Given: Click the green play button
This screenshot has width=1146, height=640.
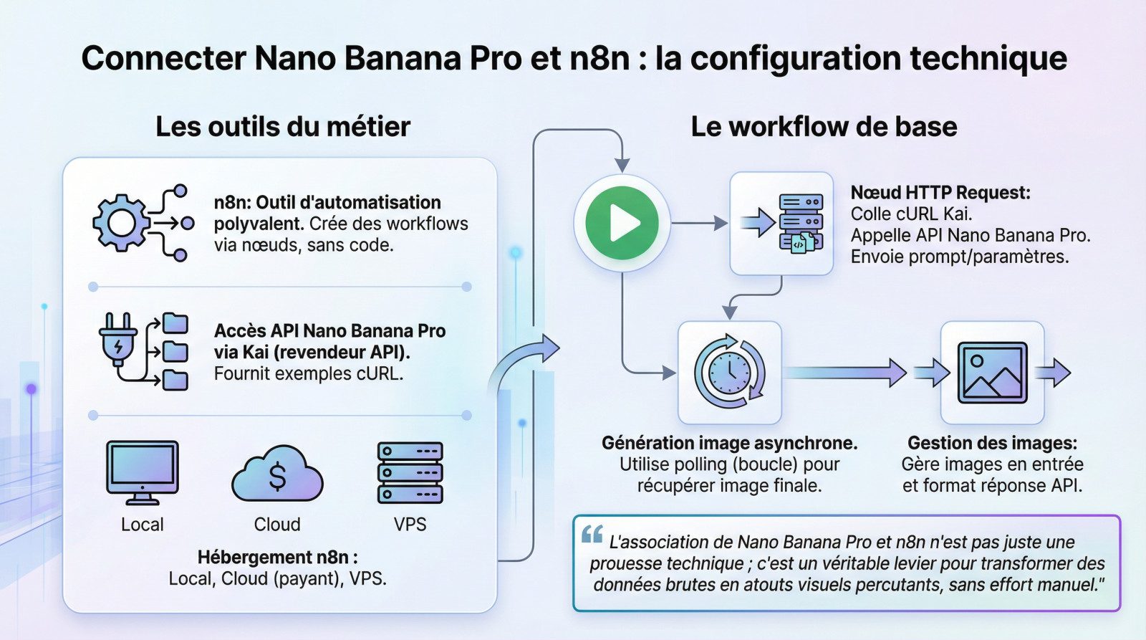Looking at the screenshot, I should click(622, 224).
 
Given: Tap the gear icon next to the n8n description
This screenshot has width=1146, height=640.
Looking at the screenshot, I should click(121, 223).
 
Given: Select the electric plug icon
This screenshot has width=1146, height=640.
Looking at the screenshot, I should click(117, 340).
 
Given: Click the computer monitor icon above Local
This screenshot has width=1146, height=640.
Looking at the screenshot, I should click(142, 470).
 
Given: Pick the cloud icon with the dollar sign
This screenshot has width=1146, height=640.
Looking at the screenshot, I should click(277, 475).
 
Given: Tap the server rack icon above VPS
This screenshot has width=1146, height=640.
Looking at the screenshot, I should click(410, 473).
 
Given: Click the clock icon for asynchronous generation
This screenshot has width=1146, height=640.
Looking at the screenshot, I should click(729, 373).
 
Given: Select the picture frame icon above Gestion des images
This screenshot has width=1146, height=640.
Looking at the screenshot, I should click(992, 373).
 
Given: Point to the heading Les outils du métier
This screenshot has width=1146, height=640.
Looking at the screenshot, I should click(283, 127).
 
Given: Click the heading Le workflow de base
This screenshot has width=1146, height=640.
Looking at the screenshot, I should click(824, 127).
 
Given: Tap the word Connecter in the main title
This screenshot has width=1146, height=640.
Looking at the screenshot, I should click(163, 58).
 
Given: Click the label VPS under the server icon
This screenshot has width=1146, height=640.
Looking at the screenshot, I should click(410, 525).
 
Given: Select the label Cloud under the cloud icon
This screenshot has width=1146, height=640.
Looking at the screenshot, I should click(277, 525).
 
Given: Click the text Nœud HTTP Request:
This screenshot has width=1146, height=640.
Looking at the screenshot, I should click(940, 193).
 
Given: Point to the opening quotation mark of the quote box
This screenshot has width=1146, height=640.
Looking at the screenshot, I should click(592, 535).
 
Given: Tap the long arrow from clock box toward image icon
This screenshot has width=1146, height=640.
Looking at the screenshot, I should click(845, 373).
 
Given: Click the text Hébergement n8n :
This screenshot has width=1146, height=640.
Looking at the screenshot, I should click(277, 558).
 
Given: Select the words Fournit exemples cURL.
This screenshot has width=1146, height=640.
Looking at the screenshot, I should click(308, 374).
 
